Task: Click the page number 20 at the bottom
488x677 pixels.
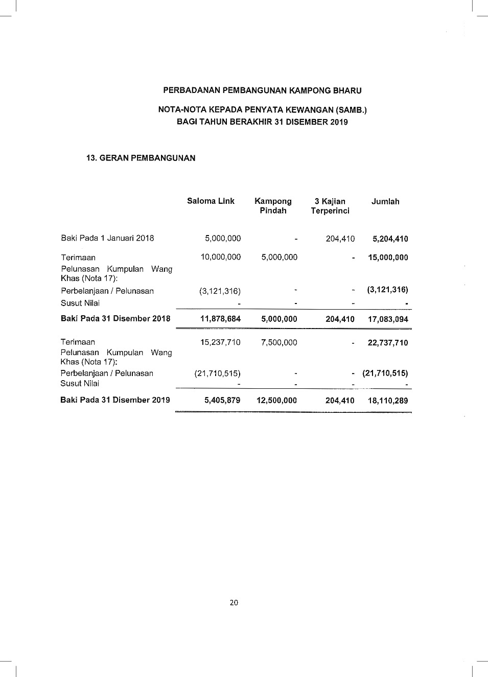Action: (234, 602)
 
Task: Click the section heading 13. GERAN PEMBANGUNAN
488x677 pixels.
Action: (141, 158)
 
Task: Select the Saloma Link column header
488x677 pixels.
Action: (211, 201)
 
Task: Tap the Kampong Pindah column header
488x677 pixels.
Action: (273, 206)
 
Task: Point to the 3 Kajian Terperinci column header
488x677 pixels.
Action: (330, 206)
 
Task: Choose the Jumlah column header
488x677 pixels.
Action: (385, 202)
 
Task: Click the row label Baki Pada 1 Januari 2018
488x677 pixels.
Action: (107, 238)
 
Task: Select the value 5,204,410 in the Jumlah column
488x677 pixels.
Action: (390, 239)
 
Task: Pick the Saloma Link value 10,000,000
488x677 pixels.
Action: (220, 257)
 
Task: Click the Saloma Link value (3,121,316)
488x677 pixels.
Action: (220, 291)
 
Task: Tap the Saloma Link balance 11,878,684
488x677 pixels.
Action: (220, 319)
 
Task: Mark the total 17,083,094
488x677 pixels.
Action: (388, 319)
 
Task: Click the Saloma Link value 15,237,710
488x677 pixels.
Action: (220, 342)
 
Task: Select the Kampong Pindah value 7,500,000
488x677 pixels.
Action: (279, 342)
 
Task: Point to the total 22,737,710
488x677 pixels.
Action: (388, 343)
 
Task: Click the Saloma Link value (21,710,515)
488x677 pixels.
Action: (217, 373)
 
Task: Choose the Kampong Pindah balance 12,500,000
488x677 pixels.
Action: (276, 401)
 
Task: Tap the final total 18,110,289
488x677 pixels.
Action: (388, 401)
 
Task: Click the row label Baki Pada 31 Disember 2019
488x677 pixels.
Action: (115, 400)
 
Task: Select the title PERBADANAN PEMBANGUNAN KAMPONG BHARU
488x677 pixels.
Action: (262, 91)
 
